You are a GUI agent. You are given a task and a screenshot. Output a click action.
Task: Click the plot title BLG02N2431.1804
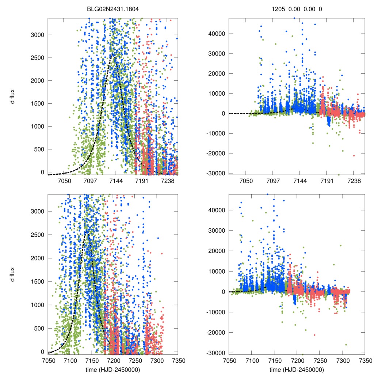tap(113, 9)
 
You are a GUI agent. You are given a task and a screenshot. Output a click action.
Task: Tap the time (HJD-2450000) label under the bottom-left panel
tap(113, 370)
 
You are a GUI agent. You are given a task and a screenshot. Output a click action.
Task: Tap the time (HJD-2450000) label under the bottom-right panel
tap(297, 370)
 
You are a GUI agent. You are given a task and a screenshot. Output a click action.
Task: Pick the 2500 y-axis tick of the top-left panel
tap(38, 58)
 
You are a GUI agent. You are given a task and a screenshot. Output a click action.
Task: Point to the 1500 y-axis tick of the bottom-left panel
tap(38, 282)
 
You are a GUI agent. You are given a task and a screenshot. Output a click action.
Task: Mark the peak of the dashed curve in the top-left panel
tap(114, 56)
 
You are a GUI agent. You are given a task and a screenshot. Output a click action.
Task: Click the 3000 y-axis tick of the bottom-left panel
tap(38, 211)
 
